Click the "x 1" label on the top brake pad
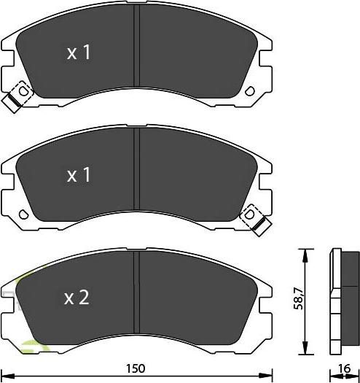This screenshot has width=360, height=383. (79, 53)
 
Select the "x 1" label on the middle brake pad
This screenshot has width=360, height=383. (79, 175)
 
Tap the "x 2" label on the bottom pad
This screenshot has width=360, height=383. (77, 297)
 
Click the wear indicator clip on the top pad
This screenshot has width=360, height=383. (17, 98)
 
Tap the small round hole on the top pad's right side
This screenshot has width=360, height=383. (252, 93)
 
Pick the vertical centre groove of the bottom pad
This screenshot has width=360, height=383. (138, 295)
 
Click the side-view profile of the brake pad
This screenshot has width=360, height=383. (343, 298)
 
